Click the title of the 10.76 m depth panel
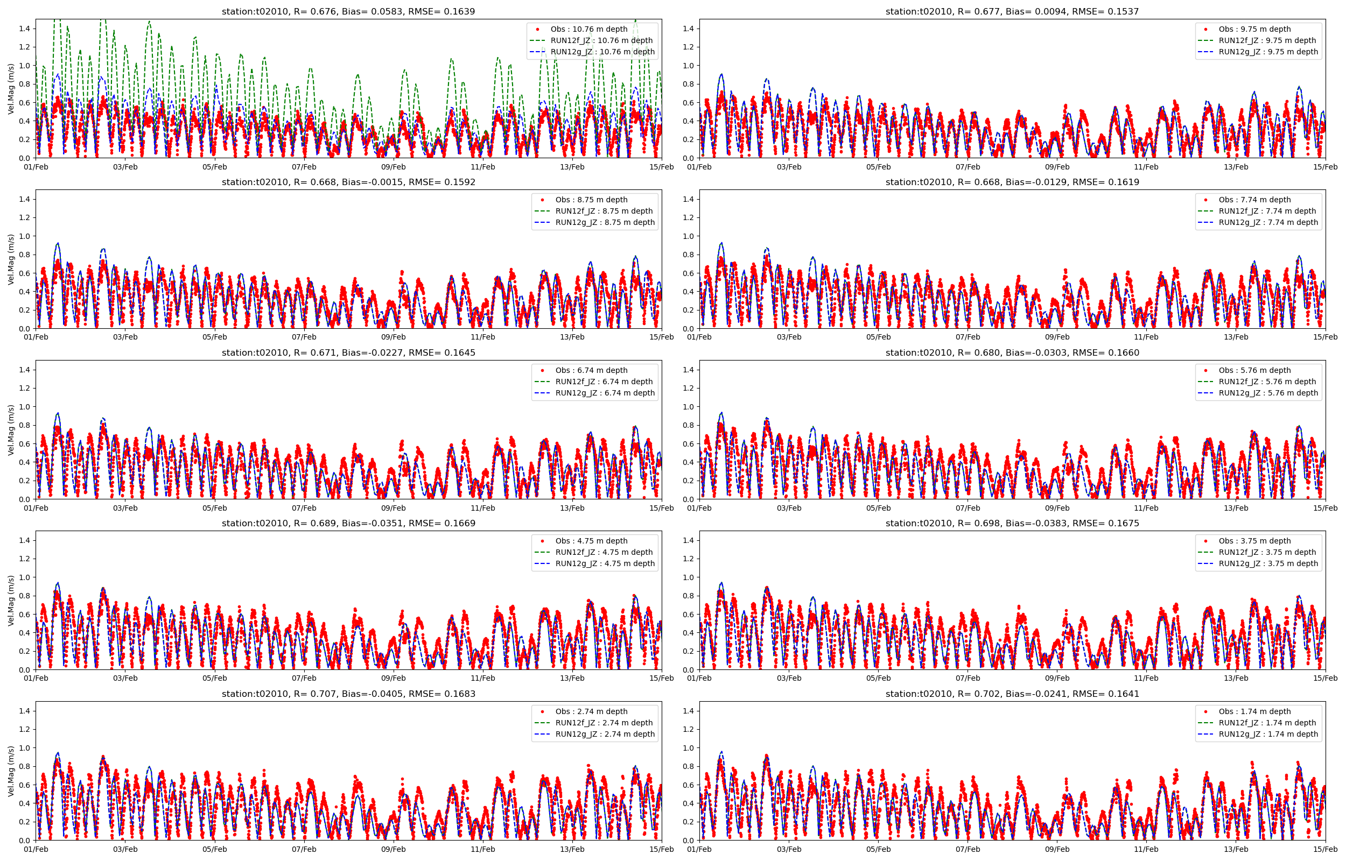coord(348,11)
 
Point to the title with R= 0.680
coord(1012,353)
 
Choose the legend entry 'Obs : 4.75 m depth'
coord(591,541)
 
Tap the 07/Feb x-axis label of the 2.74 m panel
coord(304,849)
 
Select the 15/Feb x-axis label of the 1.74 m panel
coord(1325,849)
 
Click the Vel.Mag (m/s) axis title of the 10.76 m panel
coord(11,89)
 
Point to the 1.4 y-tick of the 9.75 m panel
coord(689,29)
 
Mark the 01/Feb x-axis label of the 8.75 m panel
coord(36,337)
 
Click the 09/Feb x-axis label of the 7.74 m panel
coord(1056,337)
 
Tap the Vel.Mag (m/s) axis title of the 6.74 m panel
coord(11,430)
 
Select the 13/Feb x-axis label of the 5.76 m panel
coord(1235,508)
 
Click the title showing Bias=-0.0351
coord(348,523)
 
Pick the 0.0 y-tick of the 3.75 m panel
coord(689,669)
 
